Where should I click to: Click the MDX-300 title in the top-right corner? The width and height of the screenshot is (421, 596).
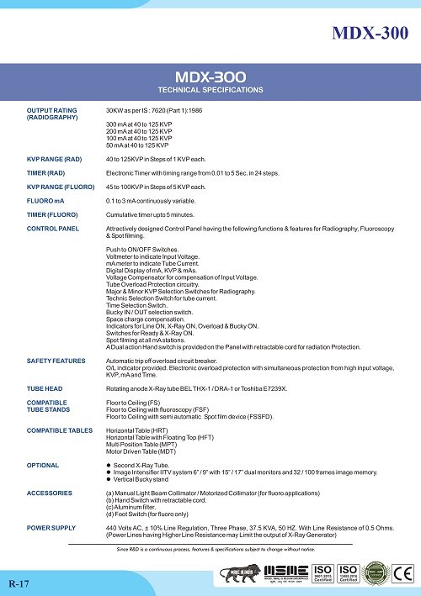[371, 33]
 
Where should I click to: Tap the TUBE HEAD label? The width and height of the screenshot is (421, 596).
[45, 389]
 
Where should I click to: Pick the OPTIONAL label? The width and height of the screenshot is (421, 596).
[43, 464]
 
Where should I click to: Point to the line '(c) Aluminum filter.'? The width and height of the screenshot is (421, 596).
[139, 507]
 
